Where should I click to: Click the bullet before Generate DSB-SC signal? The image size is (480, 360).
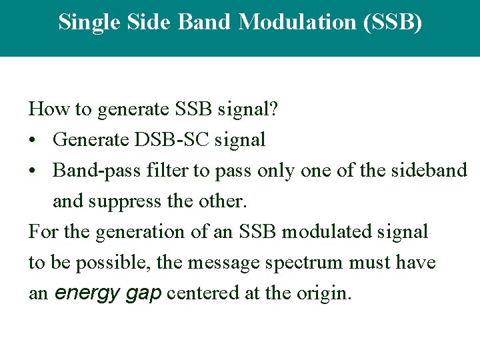click(x=33, y=140)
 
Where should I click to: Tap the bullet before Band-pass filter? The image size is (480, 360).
click(x=33, y=171)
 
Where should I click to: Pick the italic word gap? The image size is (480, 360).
click(x=142, y=293)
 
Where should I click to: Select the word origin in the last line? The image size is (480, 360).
click(x=325, y=293)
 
